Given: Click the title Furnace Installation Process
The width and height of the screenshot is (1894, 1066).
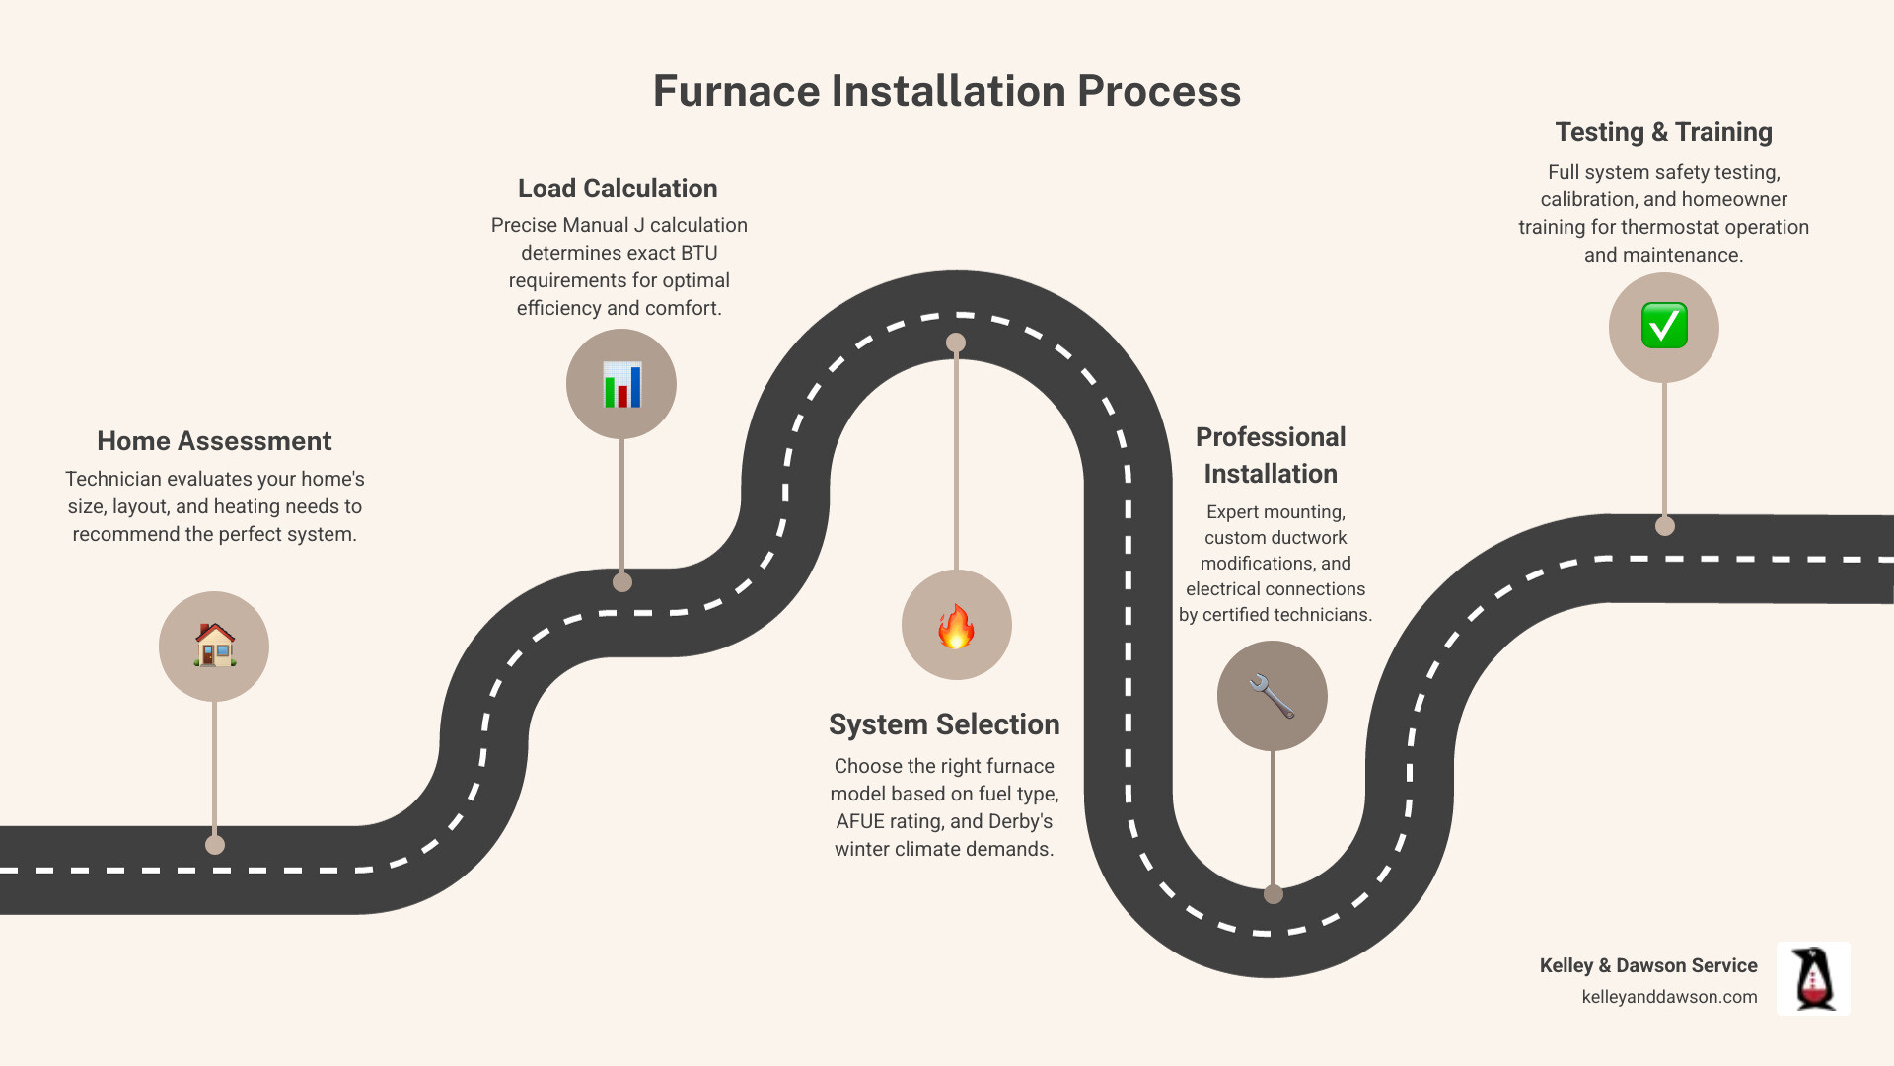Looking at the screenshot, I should (x=946, y=91).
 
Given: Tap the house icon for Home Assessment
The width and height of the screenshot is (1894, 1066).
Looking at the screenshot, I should (x=214, y=646).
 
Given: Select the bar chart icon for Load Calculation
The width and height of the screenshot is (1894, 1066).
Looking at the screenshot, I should (x=621, y=384).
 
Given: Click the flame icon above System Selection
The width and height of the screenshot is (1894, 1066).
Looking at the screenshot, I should (x=956, y=626).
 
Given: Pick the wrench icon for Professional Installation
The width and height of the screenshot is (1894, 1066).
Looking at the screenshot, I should (x=1272, y=696).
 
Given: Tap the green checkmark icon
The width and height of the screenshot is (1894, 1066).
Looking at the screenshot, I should (x=1664, y=327).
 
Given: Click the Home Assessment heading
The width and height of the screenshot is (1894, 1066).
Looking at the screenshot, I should (x=214, y=441).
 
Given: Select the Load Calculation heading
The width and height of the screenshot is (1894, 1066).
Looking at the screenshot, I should (x=618, y=189).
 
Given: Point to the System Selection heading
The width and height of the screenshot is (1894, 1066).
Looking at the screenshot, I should (x=944, y=724).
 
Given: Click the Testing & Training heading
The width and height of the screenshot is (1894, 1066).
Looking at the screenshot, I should (x=1663, y=132).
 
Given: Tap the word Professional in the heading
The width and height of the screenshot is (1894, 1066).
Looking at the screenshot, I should (x=1271, y=437).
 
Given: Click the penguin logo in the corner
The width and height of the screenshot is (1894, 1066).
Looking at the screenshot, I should (x=1813, y=978).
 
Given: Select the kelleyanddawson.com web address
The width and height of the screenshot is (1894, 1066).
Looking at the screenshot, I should (x=1669, y=997).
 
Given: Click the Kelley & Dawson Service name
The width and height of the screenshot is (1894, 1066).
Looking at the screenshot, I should (x=1648, y=965).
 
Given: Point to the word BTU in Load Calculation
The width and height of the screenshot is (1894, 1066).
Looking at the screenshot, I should (x=697, y=253).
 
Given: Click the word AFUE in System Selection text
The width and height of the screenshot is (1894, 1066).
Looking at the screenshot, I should (x=859, y=821).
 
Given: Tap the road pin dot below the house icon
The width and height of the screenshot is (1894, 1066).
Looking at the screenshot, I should (x=215, y=845).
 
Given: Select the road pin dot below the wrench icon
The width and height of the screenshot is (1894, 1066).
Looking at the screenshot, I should (x=1274, y=894).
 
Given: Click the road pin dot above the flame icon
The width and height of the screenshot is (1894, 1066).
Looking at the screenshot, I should (x=956, y=343).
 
